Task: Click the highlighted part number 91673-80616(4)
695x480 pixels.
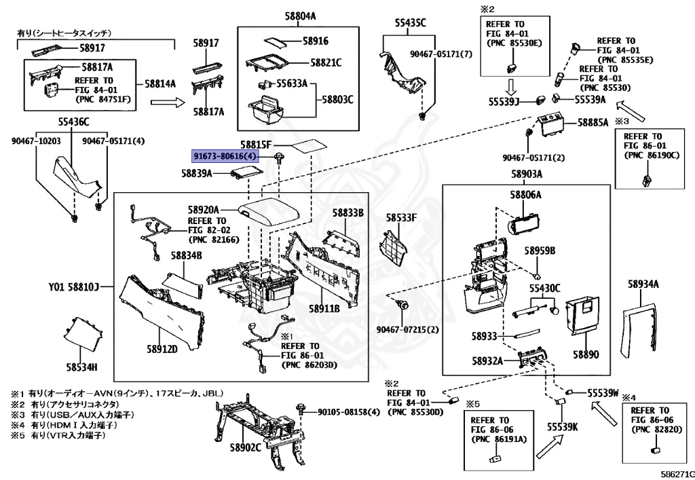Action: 225,156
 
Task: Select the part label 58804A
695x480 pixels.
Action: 300,16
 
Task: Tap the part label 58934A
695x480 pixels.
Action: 643,284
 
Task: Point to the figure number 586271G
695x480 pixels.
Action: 677,474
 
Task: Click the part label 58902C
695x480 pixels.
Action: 245,448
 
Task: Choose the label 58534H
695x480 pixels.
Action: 82,367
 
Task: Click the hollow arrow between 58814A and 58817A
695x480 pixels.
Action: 168,103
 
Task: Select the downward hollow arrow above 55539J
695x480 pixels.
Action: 510,87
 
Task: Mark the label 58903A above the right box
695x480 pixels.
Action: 526,174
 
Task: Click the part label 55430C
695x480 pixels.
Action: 545,289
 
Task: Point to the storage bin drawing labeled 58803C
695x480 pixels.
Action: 265,111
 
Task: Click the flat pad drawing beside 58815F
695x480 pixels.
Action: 309,146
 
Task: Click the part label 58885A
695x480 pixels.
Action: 593,122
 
